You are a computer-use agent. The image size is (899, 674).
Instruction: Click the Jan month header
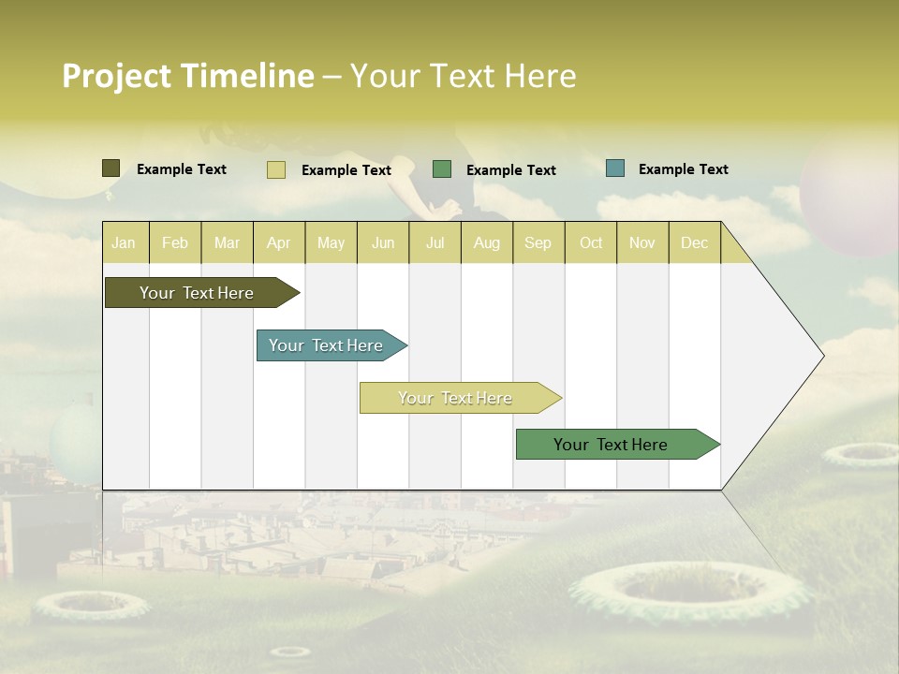(124, 242)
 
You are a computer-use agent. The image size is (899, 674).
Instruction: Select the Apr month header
(279, 242)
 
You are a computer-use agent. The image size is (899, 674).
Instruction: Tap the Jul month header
(435, 242)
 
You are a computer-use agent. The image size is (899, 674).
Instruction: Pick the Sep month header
(538, 242)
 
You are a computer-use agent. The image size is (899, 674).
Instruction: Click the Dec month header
(694, 242)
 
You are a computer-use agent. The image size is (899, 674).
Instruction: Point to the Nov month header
(641, 242)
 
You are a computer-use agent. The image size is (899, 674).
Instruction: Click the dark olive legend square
(111, 168)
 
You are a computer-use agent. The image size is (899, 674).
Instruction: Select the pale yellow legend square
(275, 169)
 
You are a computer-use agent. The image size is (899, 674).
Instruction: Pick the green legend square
(442, 168)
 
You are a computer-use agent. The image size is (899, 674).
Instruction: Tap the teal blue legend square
(615, 168)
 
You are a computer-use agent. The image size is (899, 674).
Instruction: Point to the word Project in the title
(117, 76)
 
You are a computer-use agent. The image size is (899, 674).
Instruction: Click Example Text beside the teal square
(683, 168)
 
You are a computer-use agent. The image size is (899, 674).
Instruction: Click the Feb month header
(175, 242)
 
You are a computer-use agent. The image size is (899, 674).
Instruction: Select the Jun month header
(383, 242)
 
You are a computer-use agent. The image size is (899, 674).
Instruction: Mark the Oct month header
(591, 242)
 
